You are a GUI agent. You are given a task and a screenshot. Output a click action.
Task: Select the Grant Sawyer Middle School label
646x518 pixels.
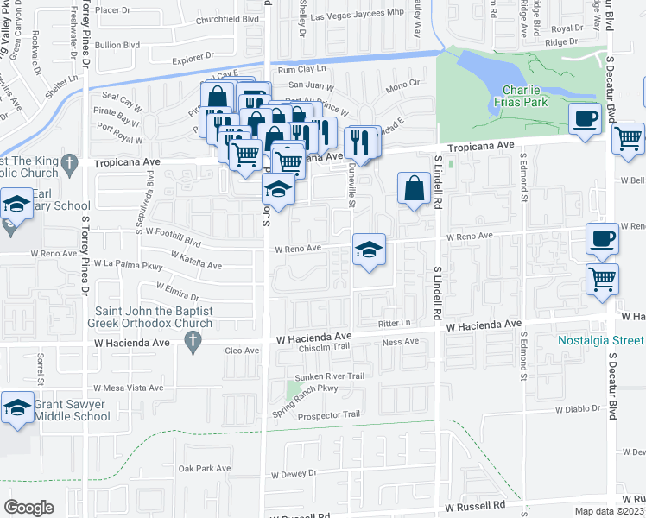73,410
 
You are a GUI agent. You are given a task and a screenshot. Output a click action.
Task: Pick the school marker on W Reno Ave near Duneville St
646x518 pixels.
369,251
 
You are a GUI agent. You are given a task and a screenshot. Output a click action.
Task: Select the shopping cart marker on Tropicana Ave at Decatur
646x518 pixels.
628,136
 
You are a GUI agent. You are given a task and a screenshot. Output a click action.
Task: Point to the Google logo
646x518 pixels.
28,507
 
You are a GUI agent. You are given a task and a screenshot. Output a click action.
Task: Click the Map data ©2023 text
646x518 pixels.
609,511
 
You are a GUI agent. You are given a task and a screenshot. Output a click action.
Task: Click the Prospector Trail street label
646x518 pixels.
327,415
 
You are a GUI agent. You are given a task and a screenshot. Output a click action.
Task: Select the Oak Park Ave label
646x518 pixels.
205,469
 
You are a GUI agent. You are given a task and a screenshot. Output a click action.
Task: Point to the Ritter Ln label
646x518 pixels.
393,321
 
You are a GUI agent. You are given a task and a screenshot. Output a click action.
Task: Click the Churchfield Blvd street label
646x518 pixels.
227,19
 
